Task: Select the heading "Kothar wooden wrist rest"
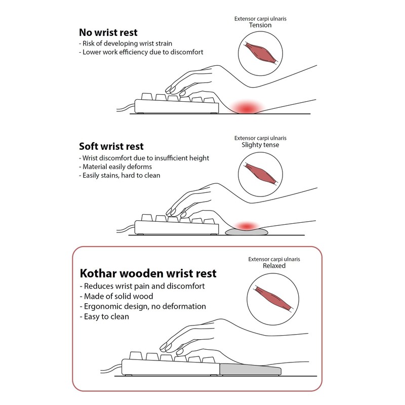coord(148,274)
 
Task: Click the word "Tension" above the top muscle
coord(261,25)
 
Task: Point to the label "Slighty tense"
coord(260,145)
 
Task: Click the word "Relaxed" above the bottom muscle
coord(274,265)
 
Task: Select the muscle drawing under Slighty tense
coord(260,173)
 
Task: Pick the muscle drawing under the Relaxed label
coord(274,293)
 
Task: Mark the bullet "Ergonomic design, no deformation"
coord(143,306)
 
